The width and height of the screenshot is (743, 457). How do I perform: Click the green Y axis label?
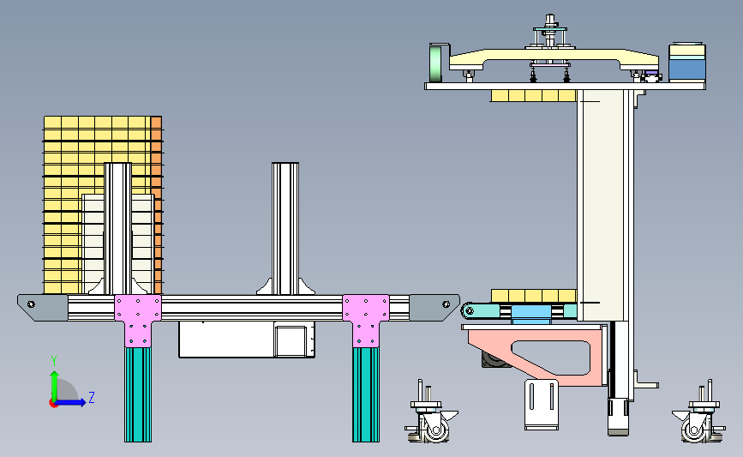(53, 361)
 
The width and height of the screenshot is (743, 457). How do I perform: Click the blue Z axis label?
(92, 397)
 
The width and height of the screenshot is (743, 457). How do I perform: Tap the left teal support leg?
(138, 394)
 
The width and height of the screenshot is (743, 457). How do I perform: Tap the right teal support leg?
(365, 394)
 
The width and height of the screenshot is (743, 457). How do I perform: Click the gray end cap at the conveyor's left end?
(42, 307)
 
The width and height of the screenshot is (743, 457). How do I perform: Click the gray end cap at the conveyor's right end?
(434, 307)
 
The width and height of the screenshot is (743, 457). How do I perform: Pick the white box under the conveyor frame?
(247, 339)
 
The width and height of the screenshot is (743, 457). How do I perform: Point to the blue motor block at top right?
(687, 63)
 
